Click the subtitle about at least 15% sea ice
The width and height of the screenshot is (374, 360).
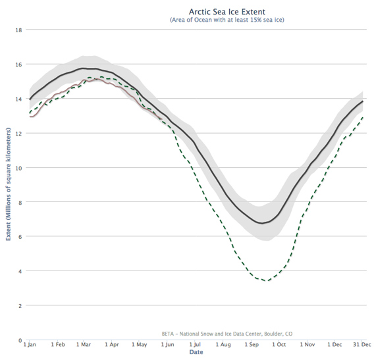click(227, 20)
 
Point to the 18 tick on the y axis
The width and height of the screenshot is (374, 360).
click(19, 30)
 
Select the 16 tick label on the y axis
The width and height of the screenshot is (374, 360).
click(19, 64)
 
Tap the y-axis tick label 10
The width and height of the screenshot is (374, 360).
click(19, 168)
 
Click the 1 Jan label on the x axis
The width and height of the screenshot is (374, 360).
click(30, 344)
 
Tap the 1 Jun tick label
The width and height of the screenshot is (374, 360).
click(167, 344)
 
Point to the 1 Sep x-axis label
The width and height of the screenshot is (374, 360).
click(251, 344)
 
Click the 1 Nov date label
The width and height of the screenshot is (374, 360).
click(307, 344)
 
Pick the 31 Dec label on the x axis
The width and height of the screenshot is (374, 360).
click(361, 344)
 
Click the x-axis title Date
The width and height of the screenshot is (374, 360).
click(196, 352)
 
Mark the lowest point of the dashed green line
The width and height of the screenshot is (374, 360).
click(266, 281)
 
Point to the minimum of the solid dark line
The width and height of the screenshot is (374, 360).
click(262, 223)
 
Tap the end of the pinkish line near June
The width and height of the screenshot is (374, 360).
click(163, 118)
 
